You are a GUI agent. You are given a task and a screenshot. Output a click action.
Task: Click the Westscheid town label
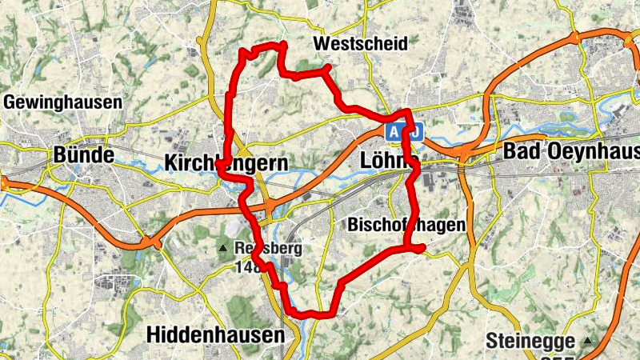(361, 43)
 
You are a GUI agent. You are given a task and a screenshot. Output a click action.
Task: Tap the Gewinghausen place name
(63, 102)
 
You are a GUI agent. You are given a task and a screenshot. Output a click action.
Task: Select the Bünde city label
(84, 154)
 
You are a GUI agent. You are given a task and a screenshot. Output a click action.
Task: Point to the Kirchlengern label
(226, 163)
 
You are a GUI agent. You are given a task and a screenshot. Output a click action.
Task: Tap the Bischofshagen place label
(406, 226)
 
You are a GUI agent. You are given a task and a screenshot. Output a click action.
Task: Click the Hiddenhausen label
(216, 334)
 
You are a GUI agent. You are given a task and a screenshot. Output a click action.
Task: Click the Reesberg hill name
(268, 249)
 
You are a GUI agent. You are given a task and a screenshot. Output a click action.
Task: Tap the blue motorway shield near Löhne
(404, 130)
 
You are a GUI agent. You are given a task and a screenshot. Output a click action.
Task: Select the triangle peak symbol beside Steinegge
(589, 341)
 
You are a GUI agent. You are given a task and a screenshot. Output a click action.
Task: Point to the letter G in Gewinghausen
(10, 102)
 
